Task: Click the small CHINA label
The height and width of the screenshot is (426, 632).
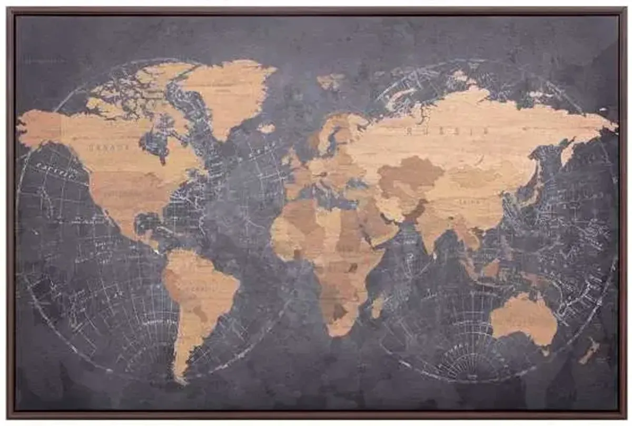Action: tap(463, 201)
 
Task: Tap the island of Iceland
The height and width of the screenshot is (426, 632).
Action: tap(266, 128)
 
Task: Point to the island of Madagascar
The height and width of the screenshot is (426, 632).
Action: tap(378, 306)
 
